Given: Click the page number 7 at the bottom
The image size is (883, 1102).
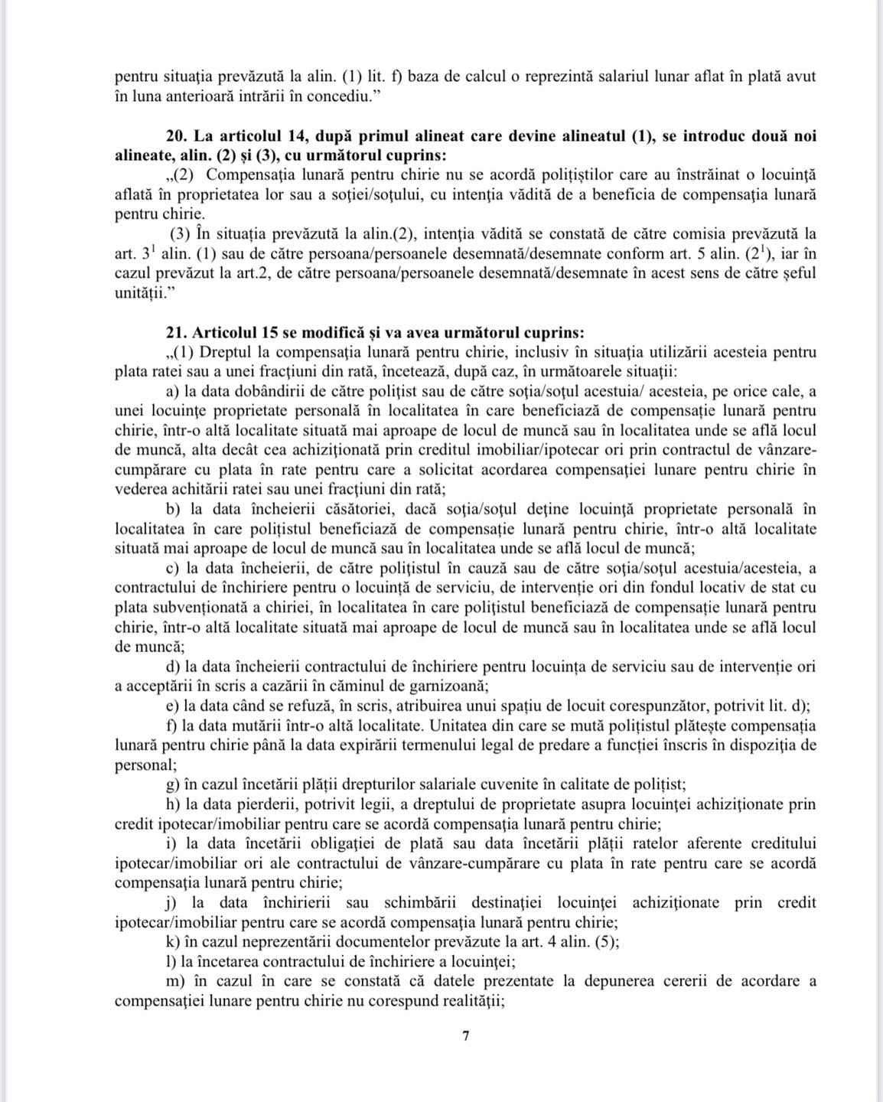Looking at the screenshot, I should (x=466, y=1036).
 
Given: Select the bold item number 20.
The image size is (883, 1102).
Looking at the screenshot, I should (x=175, y=136).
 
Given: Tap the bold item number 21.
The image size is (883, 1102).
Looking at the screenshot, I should (x=175, y=333).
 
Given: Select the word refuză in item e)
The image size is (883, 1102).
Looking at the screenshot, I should (x=308, y=706).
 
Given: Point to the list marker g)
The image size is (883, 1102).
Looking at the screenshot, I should (x=172, y=784).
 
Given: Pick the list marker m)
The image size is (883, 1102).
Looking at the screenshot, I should (x=175, y=981).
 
